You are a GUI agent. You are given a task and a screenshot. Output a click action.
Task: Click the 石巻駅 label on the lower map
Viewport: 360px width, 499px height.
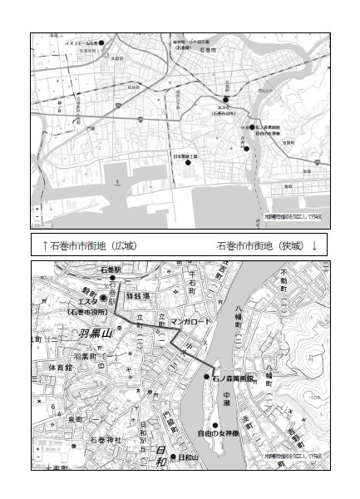[x=111, y=270]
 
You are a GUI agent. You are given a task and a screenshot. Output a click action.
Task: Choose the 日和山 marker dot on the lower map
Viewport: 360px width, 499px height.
[x=172, y=457]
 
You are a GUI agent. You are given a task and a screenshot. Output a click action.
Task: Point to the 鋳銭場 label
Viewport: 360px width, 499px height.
[x=136, y=296]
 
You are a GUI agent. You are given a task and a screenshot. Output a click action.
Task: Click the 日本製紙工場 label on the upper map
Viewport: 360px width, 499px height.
[x=186, y=156]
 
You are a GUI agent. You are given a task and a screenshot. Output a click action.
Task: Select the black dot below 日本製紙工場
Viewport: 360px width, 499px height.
[x=188, y=164]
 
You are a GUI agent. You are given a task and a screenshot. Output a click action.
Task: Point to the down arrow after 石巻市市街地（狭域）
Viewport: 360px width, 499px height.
[x=314, y=246]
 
